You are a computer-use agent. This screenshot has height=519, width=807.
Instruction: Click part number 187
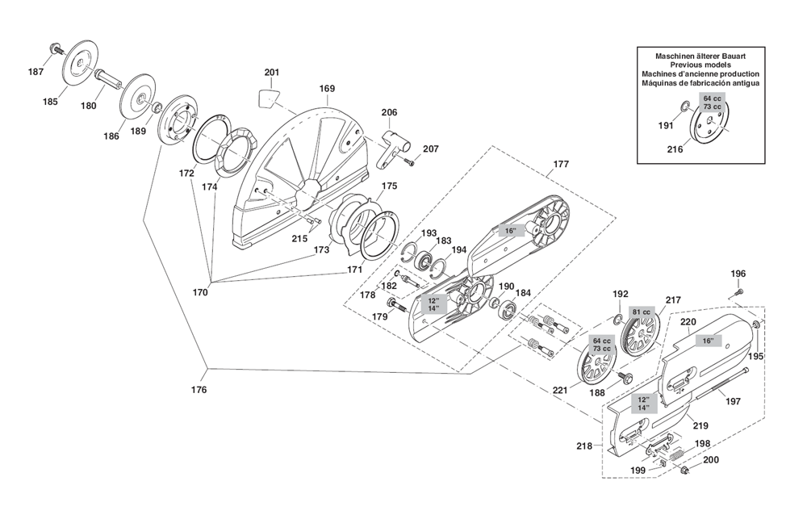(36, 72)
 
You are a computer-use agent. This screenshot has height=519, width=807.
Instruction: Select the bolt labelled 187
(56, 49)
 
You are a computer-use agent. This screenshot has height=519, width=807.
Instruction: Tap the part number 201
(272, 72)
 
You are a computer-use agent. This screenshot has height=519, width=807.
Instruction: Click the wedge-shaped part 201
(269, 98)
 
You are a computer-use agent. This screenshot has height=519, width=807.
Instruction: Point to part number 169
(327, 89)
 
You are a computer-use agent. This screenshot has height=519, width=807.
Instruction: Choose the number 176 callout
(199, 390)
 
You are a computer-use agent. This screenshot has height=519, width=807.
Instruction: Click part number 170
(199, 292)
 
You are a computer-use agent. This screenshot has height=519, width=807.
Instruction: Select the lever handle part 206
(393, 149)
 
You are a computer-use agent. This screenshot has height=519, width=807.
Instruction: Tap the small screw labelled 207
(410, 162)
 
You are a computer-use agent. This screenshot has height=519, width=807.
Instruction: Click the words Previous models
(700, 65)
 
